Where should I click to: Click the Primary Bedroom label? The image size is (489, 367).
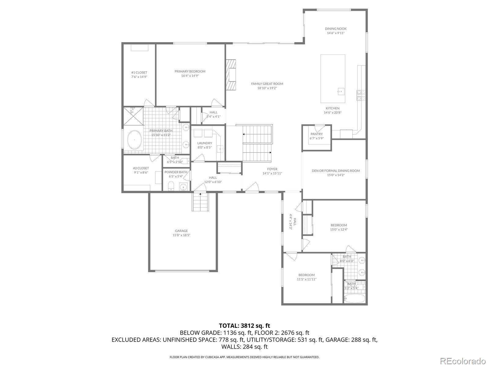pyautogui.click(x=190, y=71)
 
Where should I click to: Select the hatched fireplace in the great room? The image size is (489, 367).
pyautogui.click(x=231, y=74)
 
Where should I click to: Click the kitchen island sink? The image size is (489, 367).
pyautogui.click(x=341, y=91)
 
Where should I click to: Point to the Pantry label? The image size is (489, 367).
pyautogui.click(x=316, y=134)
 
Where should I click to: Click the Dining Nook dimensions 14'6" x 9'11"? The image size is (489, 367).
pyautogui.click(x=336, y=33)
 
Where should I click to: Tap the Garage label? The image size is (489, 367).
pyautogui.click(x=181, y=231)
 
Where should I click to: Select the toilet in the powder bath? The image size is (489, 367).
pyautogui.click(x=171, y=185)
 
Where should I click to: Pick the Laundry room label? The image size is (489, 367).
pyautogui.click(x=204, y=143)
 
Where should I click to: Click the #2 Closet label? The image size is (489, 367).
pyautogui.click(x=141, y=168)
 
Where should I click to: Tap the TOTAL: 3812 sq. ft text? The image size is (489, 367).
pyautogui.click(x=244, y=326)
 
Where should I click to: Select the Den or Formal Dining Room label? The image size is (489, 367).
pyautogui.click(x=336, y=171)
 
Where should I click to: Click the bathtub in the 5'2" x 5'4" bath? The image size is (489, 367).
pyautogui.click(x=355, y=298)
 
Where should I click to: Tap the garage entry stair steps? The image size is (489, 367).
pyautogui.click(x=200, y=202)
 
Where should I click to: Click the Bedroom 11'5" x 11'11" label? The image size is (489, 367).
pyautogui.click(x=306, y=275)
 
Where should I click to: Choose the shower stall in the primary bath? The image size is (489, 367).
pyautogui.click(x=133, y=116)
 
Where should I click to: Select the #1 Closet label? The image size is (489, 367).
pyautogui.click(x=139, y=72)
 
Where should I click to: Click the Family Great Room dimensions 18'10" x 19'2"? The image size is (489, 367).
pyautogui.click(x=267, y=88)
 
